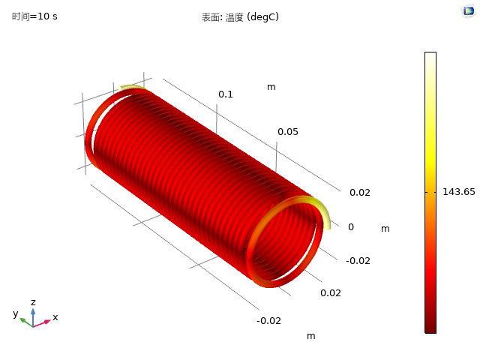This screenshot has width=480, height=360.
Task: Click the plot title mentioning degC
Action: (x=240, y=17)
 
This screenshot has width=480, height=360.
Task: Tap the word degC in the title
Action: (x=263, y=17)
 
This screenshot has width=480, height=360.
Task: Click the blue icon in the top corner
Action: (x=469, y=11)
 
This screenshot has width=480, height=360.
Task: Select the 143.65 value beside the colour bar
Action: (x=459, y=192)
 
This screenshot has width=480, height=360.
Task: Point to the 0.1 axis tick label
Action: (x=226, y=94)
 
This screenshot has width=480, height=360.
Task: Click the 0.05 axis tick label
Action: (x=288, y=132)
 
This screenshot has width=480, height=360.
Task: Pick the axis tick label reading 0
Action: (x=351, y=227)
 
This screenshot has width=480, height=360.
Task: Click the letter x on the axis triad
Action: (x=55, y=317)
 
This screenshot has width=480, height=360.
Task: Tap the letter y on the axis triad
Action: (x=16, y=313)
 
